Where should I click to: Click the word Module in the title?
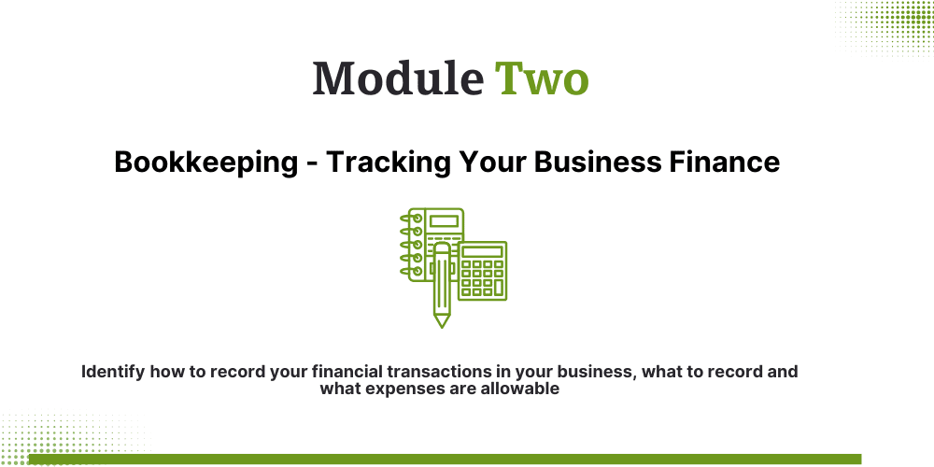(398, 78)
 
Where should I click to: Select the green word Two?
(542, 78)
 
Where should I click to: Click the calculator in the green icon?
(484, 272)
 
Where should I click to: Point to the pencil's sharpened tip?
(442, 321)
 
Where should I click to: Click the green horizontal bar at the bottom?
(444, 459)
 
